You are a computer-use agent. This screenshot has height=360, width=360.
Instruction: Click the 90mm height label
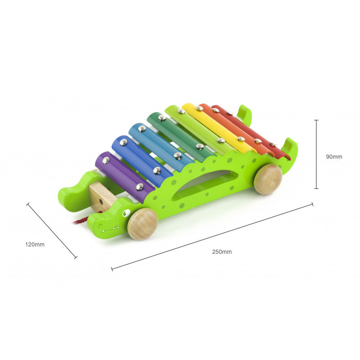(x=334, y=157)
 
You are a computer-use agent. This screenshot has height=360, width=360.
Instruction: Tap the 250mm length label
(x=222, y=252)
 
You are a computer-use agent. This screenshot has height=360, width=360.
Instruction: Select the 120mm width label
(x=35, y=244)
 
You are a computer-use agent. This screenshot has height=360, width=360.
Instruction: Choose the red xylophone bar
(x=250, y=131)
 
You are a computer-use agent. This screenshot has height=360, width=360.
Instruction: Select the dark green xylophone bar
(x=181, y=137)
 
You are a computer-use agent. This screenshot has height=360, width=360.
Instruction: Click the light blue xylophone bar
(x=161, y=148)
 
